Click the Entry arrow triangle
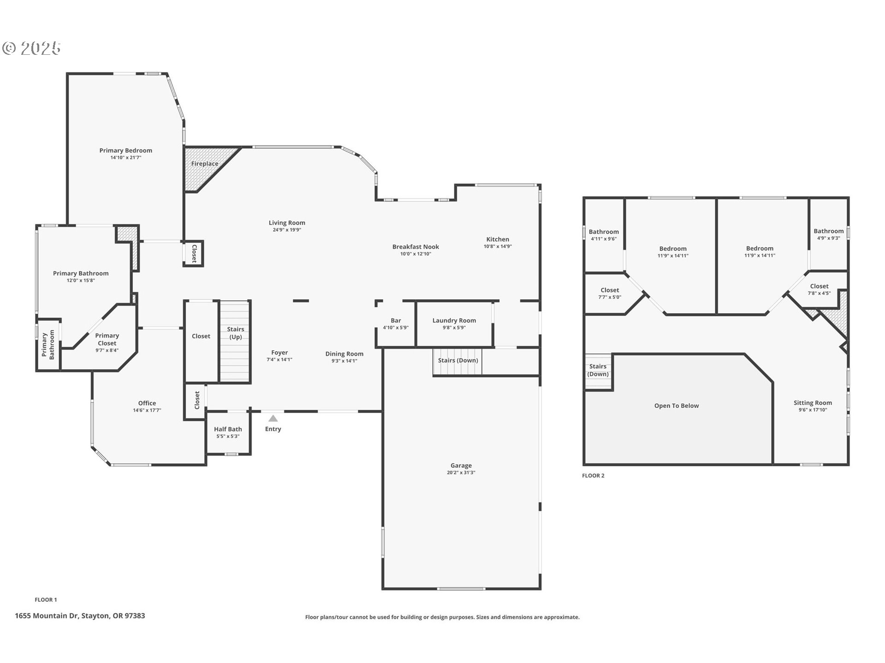273,419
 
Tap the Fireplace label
205,164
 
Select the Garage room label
461,465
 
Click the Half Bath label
228,429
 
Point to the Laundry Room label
454,320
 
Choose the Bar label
396,320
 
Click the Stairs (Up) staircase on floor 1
235,341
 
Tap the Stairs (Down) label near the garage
458,361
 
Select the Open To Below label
677,406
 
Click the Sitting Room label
813,403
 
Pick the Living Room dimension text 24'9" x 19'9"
287,230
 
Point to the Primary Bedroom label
126,151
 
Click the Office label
147,403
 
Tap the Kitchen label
498,239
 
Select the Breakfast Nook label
416,247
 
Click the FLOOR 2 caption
593,476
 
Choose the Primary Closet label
107,339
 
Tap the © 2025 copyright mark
31,48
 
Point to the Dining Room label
344,354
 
